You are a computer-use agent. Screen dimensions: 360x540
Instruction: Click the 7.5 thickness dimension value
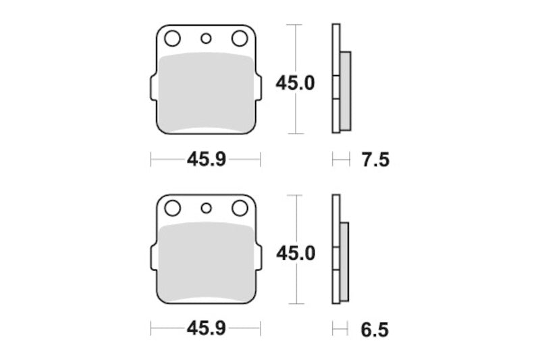[376, 160]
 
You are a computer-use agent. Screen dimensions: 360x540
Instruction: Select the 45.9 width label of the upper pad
[205, 160]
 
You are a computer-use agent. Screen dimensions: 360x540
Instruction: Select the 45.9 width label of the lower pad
[205, 330]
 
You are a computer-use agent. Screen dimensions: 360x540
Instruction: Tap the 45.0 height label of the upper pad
[294, 83]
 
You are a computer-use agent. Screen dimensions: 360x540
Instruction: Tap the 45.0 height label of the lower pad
[294, 253]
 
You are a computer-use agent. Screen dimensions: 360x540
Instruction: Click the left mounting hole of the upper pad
[171, 38]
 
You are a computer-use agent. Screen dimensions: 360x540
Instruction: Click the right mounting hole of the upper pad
[239, 38]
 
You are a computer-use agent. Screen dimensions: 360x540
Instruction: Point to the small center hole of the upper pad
[206, 38]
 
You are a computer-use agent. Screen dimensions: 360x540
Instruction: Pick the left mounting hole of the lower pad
[171, 208]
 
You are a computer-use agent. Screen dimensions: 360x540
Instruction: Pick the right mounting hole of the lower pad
[239, 208]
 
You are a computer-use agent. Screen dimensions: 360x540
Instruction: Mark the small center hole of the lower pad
[206, 209]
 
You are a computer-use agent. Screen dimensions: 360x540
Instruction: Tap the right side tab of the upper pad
[259, 91]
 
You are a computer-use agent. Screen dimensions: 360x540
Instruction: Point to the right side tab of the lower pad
[259, 261]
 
